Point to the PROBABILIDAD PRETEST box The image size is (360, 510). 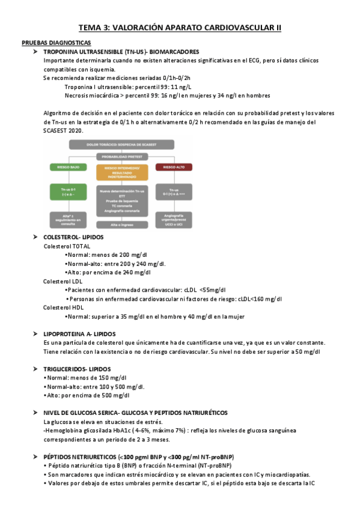pyautogui.click(x=121, y=155)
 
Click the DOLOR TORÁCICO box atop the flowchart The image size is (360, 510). pyautogui.click(x=121, y=144)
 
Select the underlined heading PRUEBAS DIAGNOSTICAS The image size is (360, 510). pyautogui.click(x=56, y=43)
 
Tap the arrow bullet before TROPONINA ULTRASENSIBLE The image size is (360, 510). pyautogui.click(x=37, y=52)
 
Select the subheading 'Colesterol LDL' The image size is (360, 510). pyautogui.click(x=65, y=281)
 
